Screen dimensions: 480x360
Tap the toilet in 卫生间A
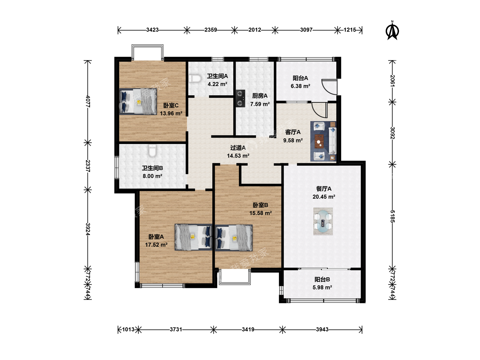tap(195, 79)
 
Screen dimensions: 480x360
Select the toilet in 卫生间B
tap(152, 151)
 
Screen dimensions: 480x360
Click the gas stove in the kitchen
tap(240, 98)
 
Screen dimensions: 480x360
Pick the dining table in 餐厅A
tap(323, 221)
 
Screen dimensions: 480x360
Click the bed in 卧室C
tap(138, 101)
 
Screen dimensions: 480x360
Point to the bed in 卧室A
tap(193, 237)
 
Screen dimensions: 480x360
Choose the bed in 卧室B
tap(234, 238)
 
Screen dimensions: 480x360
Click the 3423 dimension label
tap(152, 30)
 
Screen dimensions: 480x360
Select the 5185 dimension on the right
tap(392, 216)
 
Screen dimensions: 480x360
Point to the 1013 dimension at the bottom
tap(128, 329)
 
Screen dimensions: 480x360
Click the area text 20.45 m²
tap(324, 197)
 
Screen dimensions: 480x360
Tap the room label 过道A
tap(238, 148)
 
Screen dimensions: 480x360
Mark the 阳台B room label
tap(322, 279)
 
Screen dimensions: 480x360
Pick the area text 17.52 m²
tap(156, 245)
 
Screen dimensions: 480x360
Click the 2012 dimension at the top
tap(255, 30)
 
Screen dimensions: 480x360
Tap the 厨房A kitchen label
tap(260, 96)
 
